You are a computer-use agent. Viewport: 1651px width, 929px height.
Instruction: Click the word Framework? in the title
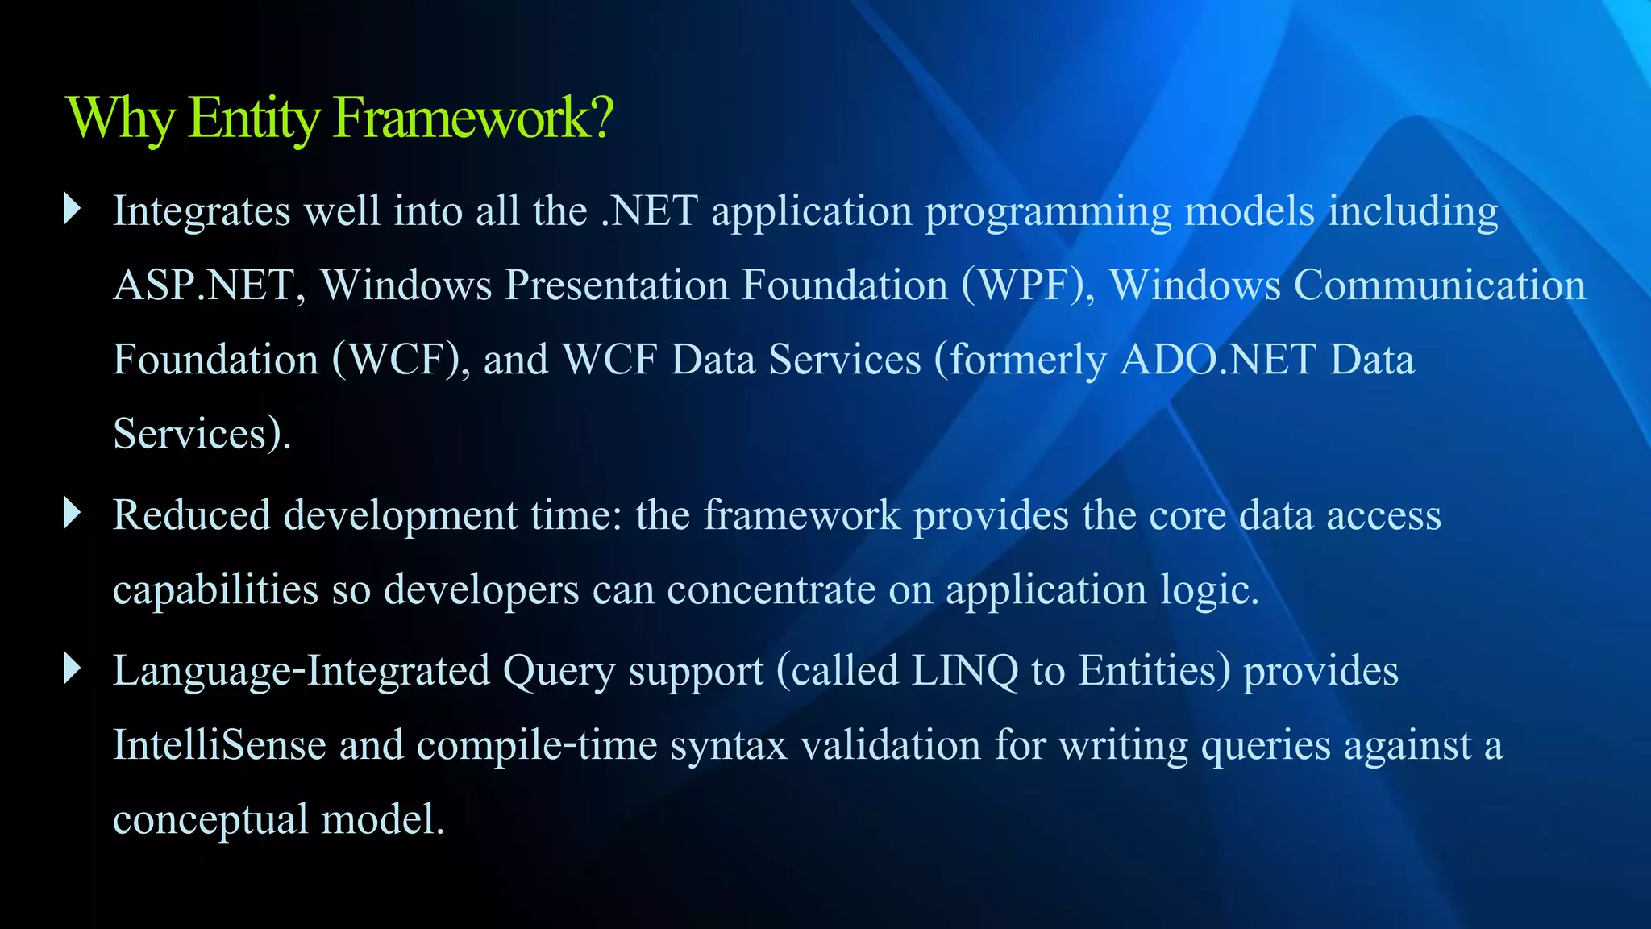coord(473,118)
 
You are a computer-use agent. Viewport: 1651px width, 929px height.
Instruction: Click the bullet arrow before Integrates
coord(73,210)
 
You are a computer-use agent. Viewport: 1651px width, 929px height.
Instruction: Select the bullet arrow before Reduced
coord(73,514)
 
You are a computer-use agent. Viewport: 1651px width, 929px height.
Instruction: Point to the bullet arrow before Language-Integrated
coord(73,669)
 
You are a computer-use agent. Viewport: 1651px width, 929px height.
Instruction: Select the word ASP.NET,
coord(209,285)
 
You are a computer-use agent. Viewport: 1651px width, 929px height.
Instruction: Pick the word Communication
coord(1440,285)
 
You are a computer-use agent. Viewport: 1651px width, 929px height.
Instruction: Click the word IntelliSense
coord(219,744)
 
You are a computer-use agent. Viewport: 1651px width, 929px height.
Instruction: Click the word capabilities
coord(215,590)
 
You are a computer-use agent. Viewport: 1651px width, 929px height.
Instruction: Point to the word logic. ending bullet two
coord(1209,590)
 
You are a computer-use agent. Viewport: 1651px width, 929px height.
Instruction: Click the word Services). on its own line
coord(202,434)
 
